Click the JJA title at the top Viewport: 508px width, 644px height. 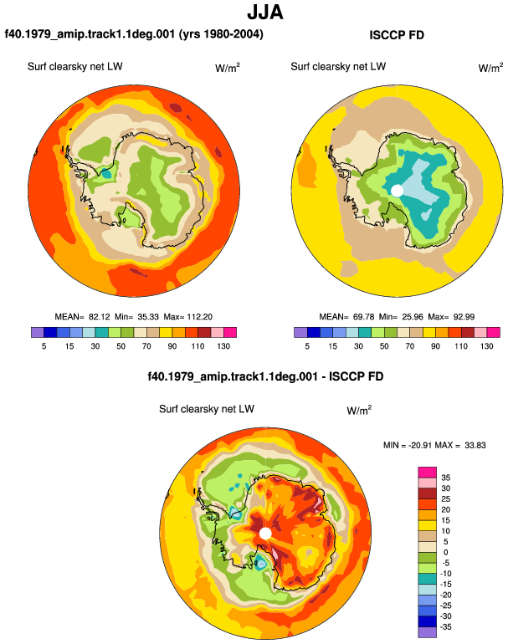(265, 13)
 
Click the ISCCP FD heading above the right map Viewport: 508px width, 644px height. (397, 35)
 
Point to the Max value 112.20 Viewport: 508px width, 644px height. (200, 317)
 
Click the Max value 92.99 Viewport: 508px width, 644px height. (464, 317)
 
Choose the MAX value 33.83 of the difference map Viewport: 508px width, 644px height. (475, 445)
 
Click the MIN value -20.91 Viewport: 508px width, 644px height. (419, 445)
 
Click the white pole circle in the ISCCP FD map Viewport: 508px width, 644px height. (397, 191)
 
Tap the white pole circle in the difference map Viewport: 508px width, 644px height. (265, 534)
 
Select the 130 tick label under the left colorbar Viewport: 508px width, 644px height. (223, 346)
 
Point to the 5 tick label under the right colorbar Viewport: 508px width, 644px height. (307, 346)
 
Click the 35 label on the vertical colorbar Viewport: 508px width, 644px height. (445, 478)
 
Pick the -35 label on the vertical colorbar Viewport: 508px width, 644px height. (445, 627)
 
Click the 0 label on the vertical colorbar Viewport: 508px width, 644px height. (445, 552)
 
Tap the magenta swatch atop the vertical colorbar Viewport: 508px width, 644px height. (427, 473)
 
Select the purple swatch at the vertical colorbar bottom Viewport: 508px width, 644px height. (427, 632)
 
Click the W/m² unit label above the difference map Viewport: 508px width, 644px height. (359, 410)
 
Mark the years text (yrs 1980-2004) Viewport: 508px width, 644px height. (221, 33)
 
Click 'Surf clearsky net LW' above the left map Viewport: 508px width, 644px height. (74, 67)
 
